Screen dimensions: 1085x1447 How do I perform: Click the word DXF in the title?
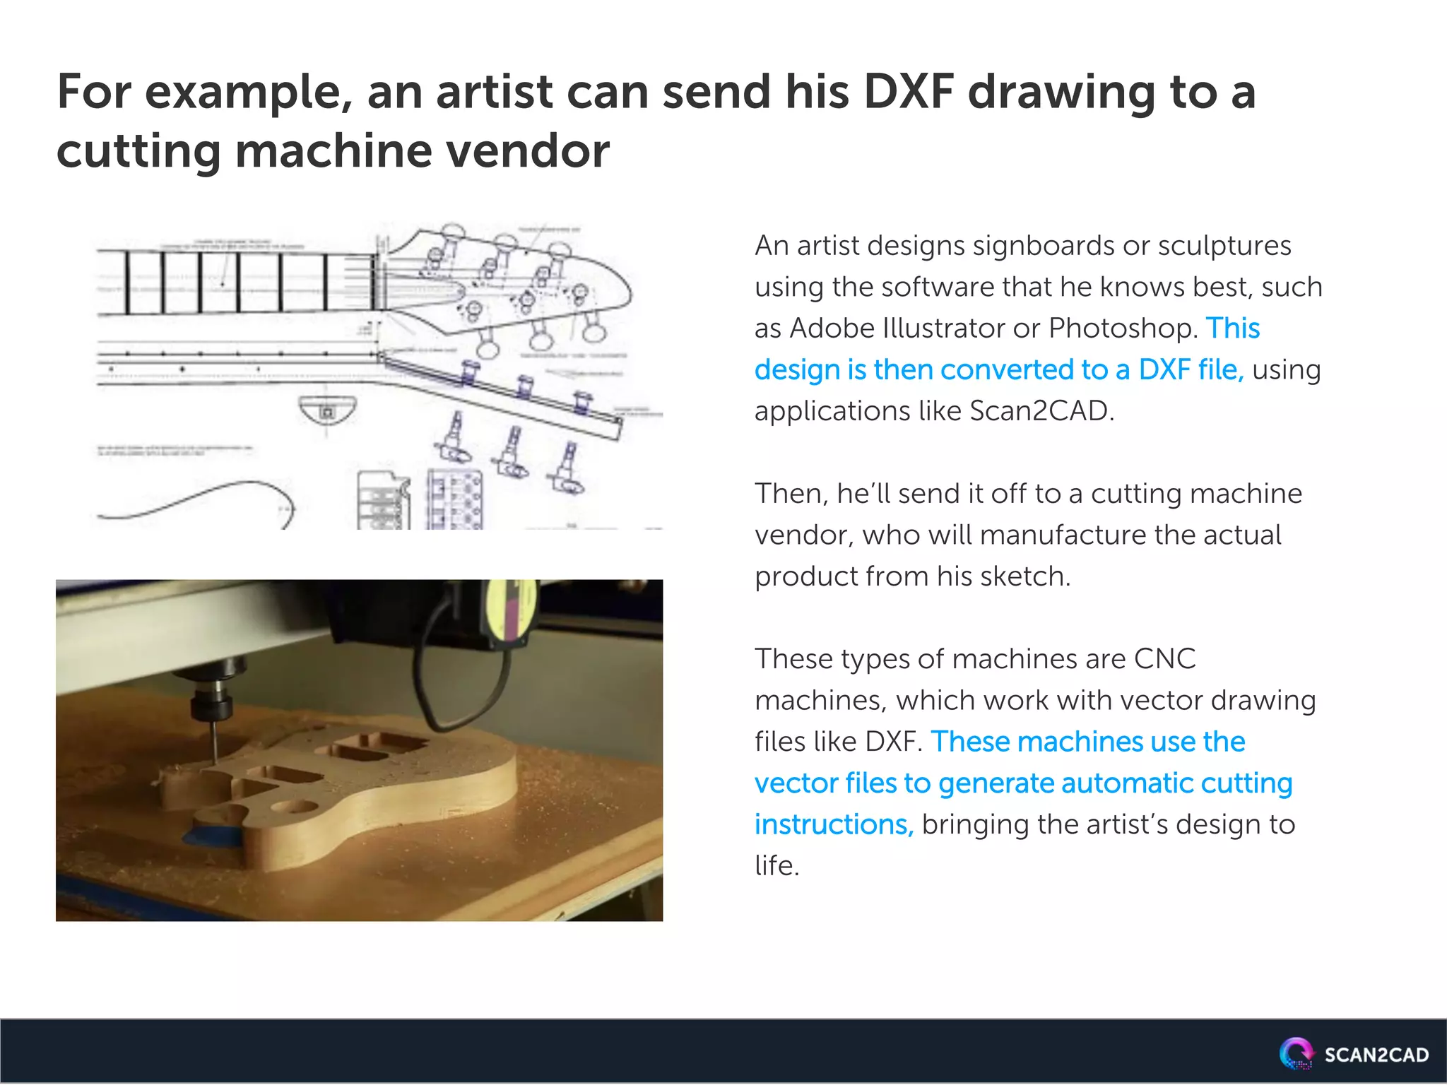coord(908,92)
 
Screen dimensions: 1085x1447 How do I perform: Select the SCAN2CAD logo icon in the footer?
coord(1296,1053)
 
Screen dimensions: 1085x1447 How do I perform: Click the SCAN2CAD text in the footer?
coord(1376,1055)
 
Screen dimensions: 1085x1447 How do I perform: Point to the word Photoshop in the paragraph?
coord(1123,328)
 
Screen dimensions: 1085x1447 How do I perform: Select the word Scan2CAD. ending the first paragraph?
coord(1041,411)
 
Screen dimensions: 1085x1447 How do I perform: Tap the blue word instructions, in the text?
coord(834,824)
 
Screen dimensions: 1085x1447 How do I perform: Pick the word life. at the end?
coord(776,866)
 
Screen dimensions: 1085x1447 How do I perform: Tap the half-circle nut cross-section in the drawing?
coord(326,410)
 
